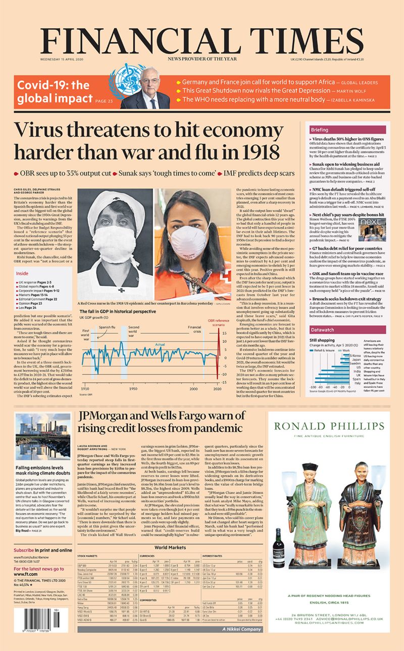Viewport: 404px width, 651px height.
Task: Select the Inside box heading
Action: click(x=23, y=273)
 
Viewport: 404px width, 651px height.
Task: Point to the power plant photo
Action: click(x=43, y=437)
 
